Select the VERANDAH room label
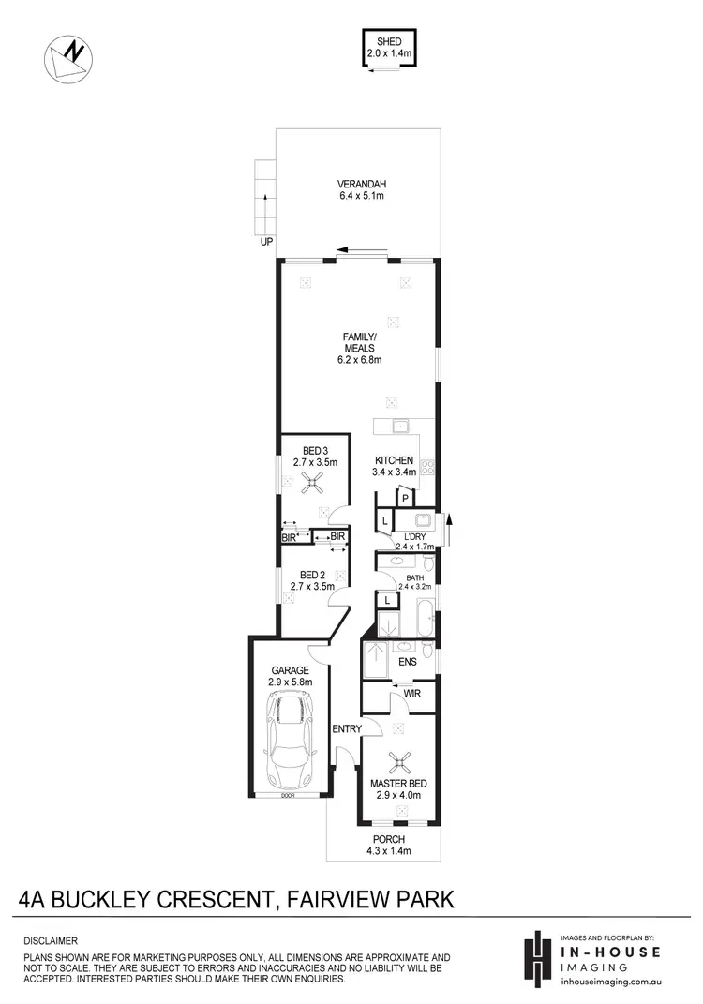point(362,184)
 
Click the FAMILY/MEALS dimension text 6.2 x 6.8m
point(361,359)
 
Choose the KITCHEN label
point(394,461)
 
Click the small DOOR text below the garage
point(290,796)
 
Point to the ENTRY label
point(344,728)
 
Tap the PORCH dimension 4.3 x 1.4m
point(388,851)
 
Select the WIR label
point(411,694)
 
